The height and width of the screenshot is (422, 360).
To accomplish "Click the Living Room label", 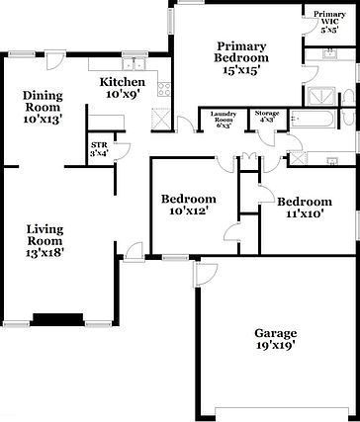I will (47, 232).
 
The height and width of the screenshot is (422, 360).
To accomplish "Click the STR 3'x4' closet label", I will (100, 149).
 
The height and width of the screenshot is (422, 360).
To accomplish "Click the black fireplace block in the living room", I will (56, 317).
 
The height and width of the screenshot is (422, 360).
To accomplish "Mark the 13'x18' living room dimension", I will (47, 252).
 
